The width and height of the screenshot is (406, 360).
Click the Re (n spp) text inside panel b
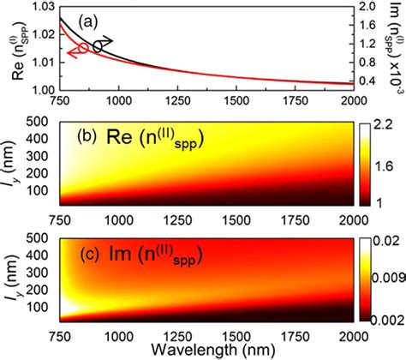[151, 138]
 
